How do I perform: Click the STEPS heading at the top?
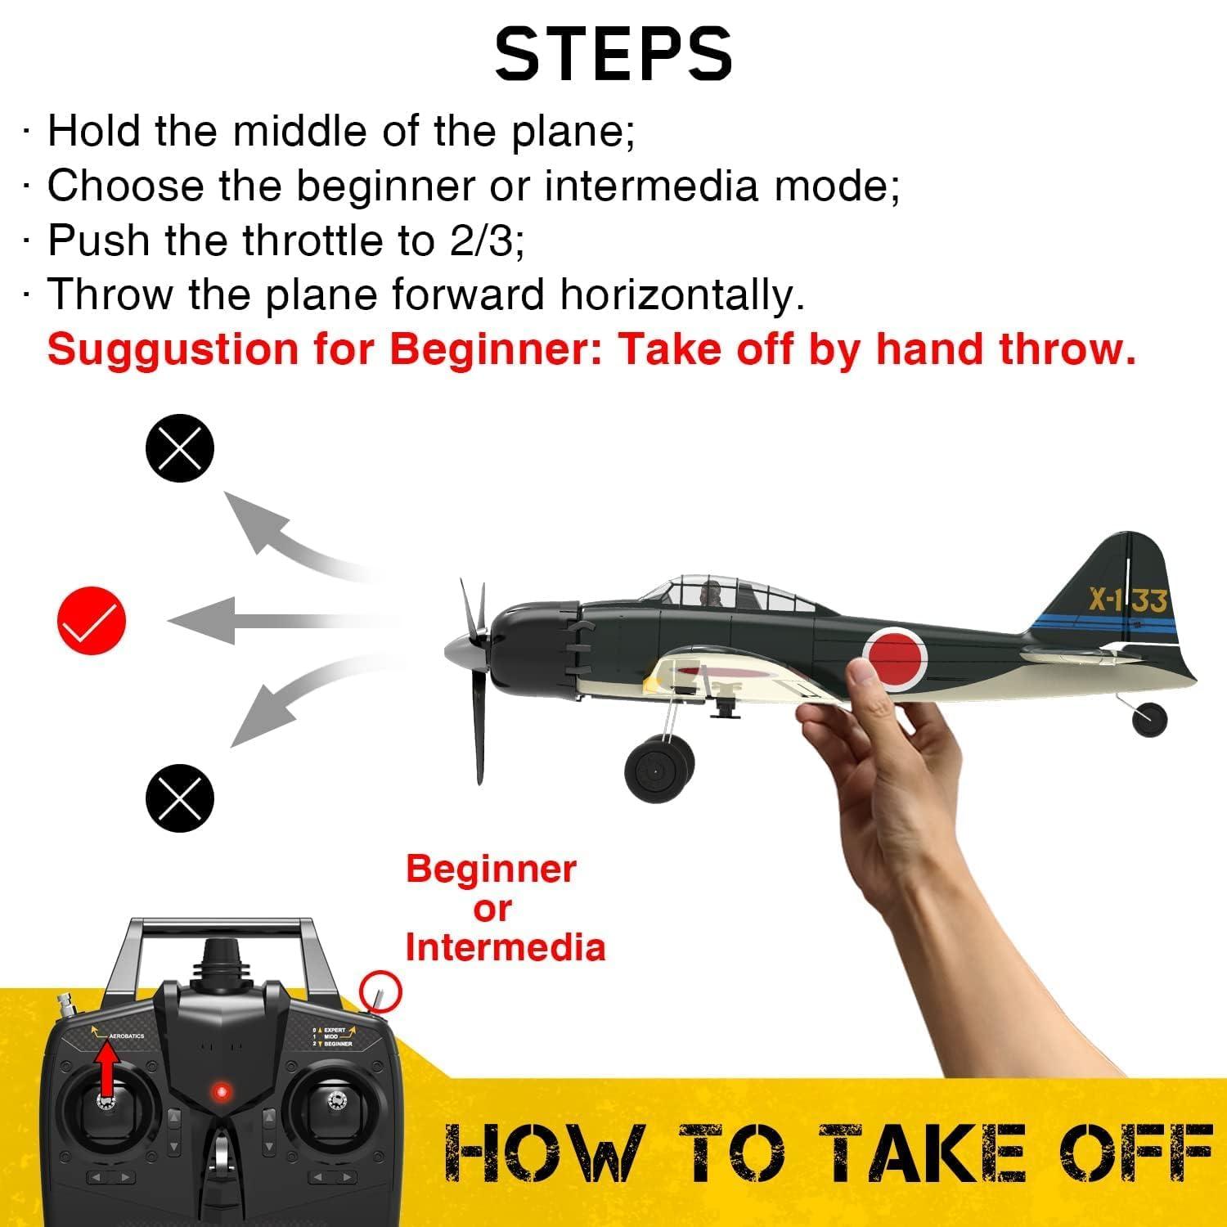(x=613, y=54)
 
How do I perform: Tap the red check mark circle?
(x=92, y=620)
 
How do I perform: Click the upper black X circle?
(x=180, y=448)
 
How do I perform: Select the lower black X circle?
(x=180, y=798)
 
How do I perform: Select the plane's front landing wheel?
(x=659, y=769)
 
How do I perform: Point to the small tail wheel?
(x=1149, y=718)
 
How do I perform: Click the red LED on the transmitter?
(x=218, y=1091)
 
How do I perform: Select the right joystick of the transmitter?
(x=333, y=1100)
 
